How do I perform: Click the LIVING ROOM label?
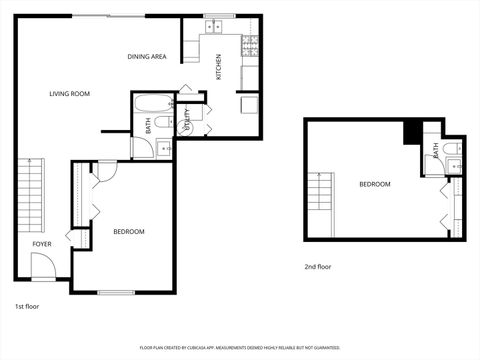pos(70,94)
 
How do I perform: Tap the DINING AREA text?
pos(146,57)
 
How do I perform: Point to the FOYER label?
pos(41,244)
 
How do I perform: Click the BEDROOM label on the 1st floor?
pos(128,232)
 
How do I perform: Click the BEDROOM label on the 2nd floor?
pos(375,184)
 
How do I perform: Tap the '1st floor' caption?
pos(27,305)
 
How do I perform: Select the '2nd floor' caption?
pos(317,267)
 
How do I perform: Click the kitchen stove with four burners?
pos(251,45)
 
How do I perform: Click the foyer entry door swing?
pos(42,266)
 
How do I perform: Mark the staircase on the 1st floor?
pos(30,195)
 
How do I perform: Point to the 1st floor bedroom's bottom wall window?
pos(116,292)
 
